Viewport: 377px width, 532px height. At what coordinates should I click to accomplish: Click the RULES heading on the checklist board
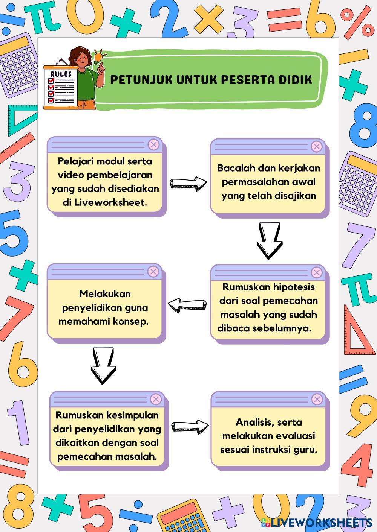pos(61,74)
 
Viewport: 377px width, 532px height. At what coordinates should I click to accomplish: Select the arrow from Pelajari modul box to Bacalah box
pos(188,183)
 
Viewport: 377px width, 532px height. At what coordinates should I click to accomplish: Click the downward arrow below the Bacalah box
pos(270,241)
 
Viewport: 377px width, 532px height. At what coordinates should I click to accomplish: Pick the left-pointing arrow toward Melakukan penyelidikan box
pos(187,304)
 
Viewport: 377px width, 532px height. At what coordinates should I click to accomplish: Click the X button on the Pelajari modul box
pos(153,144)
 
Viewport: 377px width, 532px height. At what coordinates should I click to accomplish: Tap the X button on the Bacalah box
pos(317,146)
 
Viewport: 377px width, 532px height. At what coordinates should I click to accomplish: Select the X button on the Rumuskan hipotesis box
pos(317,272)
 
